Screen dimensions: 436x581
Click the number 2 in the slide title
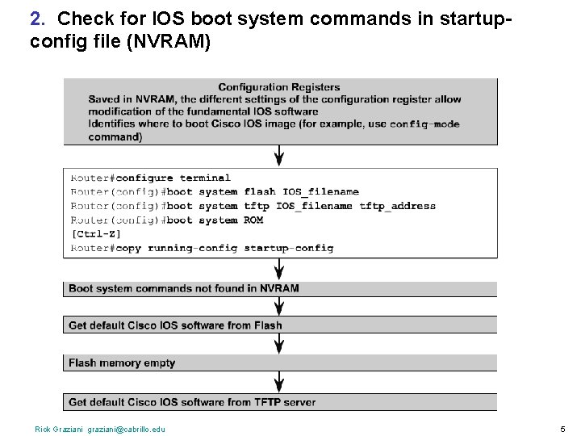point(36,17)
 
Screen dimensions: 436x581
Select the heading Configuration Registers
point(279,87)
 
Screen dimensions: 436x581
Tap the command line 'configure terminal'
point(173,178)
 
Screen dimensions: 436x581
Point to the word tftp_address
point(397,206)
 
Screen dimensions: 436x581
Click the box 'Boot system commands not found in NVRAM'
point(280,288)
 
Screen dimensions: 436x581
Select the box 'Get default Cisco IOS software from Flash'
point(280,325)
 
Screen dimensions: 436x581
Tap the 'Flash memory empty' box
point(280,363)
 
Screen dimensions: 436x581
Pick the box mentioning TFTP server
point(280,401)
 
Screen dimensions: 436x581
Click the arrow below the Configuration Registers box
point(280,155)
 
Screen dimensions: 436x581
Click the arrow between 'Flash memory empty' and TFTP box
point(280,382)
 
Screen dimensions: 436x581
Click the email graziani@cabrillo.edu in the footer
point(128,429)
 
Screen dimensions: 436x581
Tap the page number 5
point(562,429)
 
